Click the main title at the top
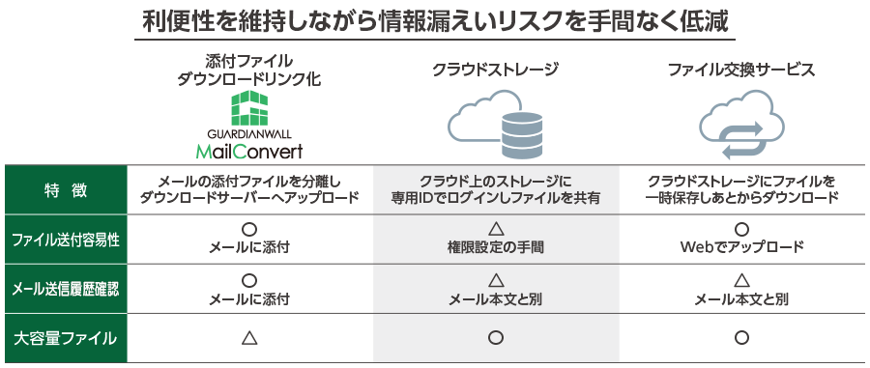pos(435,20)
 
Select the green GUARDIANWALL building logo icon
pos(249,109)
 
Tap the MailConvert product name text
pos(249,151)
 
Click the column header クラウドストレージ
pos(495,71)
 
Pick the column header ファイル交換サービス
pos(741,71)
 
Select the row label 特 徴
pos(66,189)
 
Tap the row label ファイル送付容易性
pos(66,239)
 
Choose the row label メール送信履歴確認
pos(66,289)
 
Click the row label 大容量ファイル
pos(66,338)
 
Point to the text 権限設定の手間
pos(495,248)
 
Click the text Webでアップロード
pos(741,248)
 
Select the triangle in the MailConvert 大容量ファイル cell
pos(248,338)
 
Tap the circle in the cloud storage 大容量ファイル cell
pos(495,338)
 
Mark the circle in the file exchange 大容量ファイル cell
pos(741,338)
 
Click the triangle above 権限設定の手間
pos(495,229)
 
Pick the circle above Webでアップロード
pos(741,229)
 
